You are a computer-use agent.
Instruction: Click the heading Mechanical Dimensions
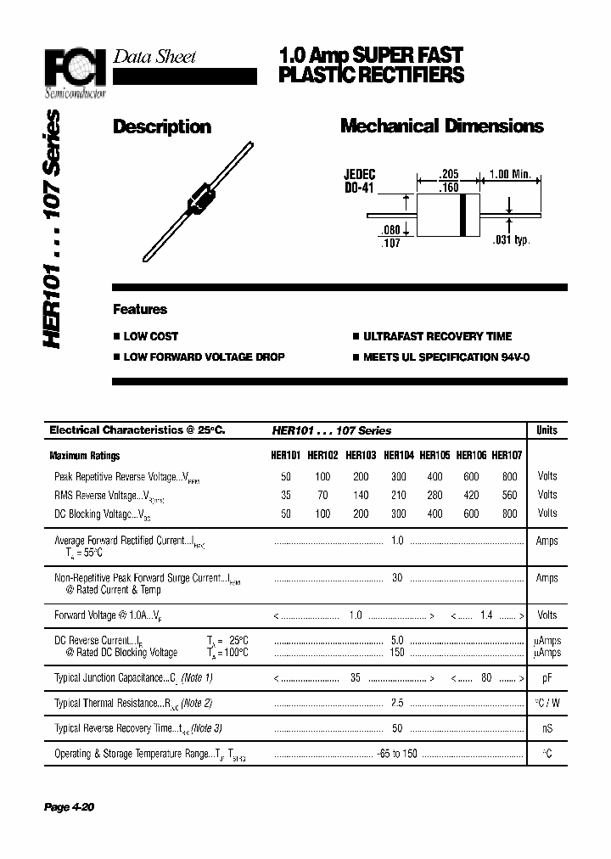(441, 126)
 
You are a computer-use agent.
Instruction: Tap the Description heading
(162, 127)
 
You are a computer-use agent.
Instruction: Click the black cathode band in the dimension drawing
(462, 216)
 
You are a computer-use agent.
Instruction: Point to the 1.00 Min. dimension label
(509, 175)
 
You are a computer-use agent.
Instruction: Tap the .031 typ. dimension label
(511, 241)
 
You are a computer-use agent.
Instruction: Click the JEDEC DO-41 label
(359, 181)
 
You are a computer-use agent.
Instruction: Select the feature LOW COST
(151, 336)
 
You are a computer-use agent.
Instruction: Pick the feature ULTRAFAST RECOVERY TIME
(437, 336)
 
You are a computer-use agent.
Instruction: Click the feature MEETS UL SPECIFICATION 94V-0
(446, 357)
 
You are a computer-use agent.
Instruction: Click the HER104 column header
(400, 455)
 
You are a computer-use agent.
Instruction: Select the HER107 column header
(507, 455)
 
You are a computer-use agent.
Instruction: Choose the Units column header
(547, 430)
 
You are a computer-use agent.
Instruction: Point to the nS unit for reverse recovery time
(547, 729)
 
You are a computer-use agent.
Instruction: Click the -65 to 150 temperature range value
(397, 755)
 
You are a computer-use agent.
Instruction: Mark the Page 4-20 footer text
(69, 807)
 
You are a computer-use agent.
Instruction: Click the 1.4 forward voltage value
(486, 615)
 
